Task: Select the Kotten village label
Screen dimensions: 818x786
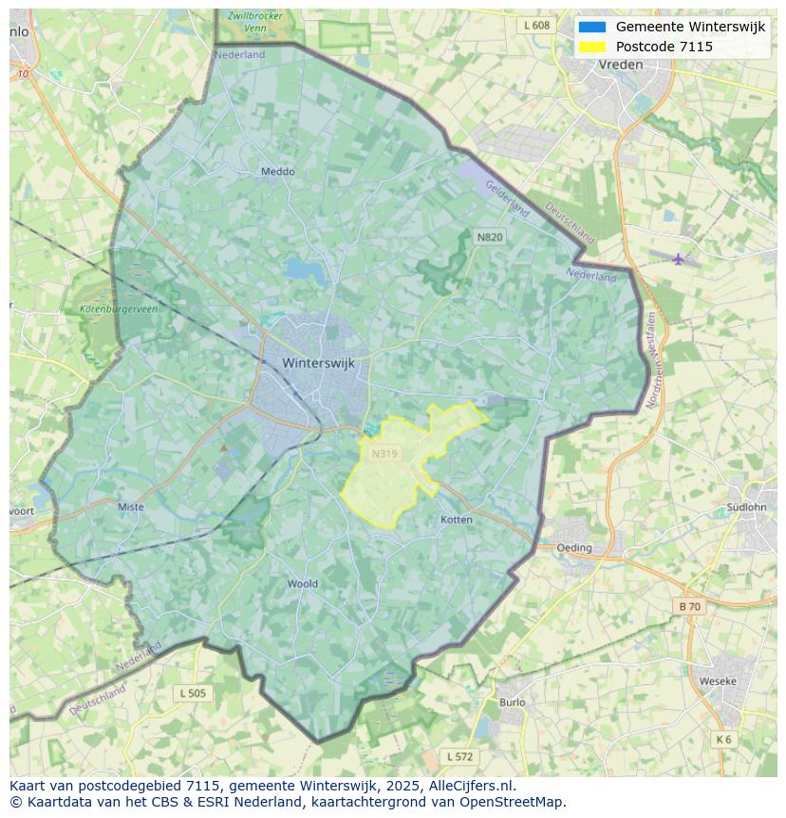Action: [x=457, y=520]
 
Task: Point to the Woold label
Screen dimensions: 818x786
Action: [x=303, y=583]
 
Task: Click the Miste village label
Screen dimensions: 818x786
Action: [x=131, y=506]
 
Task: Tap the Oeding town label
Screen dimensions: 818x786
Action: [x=574, y=547]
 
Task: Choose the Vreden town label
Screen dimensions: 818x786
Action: [x=621, y=65]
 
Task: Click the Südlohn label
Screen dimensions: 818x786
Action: [x=745, y=506]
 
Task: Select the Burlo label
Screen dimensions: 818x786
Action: [x=512, y=702]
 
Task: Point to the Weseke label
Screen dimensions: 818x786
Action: [x=717, y=681]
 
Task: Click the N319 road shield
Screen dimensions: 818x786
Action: [x=384, y=454]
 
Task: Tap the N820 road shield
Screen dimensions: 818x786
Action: [x=490, y=237]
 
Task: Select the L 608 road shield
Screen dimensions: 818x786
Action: [x=536, y=26]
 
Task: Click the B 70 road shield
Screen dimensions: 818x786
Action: [x=689, y=606]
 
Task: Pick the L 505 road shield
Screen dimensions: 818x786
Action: [x=193, y=694]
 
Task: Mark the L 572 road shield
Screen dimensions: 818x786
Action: [x=459, y=756]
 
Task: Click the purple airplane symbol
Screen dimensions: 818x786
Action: [x=678, y=258]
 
